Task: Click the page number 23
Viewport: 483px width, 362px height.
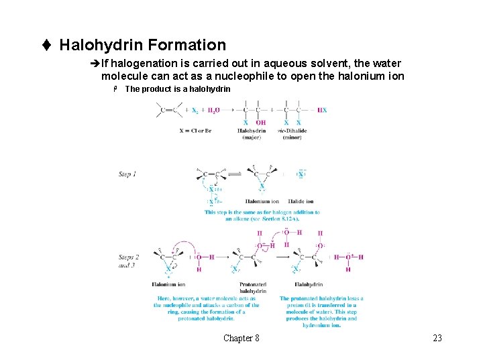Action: (437, 338)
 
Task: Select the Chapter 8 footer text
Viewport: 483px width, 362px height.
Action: (241, 338)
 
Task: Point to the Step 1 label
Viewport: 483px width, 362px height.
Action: (127, 174)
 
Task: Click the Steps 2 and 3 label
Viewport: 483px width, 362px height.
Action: (129, 261)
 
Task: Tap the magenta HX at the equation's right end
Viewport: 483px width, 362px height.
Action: (322, 110)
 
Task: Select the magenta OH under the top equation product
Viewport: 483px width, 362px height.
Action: (260, 123)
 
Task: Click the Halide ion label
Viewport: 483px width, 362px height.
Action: (301, 201)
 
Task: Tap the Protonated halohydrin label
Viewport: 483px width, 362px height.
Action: (253, 288)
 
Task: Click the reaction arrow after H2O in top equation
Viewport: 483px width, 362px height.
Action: (221, 110)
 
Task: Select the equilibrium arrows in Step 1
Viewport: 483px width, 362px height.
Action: (234, 174)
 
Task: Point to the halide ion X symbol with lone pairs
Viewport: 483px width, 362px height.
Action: (301, 174)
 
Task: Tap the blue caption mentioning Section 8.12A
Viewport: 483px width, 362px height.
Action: (262, 215)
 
